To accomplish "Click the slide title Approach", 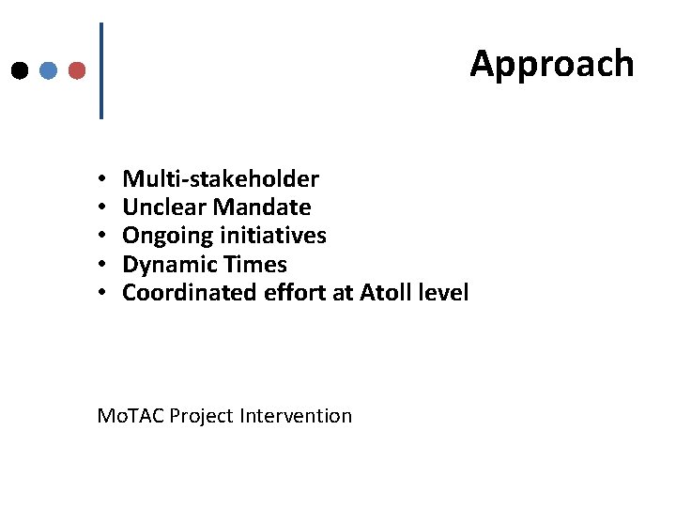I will [552, 64].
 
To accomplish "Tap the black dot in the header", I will [19, 70].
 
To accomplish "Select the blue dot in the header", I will [48, 70].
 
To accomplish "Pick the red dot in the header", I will [77, 70].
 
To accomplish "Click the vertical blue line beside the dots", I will [100, 70].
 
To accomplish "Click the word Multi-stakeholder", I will [221, 178].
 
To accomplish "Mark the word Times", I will [253, 265].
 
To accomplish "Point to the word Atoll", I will [384, 293].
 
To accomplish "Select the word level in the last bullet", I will [442, 293].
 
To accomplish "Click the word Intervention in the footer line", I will [297, 415].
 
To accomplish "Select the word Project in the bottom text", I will [204, 415].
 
